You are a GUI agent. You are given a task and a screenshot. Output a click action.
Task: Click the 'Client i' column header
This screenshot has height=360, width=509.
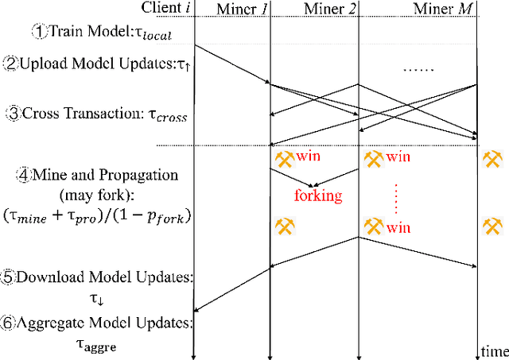[x=169, y=8]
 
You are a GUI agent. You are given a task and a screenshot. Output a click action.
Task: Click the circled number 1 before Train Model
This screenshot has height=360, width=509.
[x=39, y=33]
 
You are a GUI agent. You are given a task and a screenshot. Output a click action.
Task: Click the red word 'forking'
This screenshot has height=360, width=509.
[x=318, y=195]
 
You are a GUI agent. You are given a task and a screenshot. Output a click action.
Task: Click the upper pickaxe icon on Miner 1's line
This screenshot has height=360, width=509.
[x=283, y=158]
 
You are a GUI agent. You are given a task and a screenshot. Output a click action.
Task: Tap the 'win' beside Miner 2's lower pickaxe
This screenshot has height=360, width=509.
[x=398, y=228]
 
